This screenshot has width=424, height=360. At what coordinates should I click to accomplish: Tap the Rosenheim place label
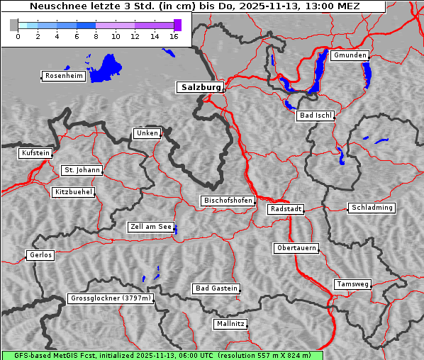tap(63, 76)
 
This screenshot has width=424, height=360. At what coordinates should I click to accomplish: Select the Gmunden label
tap(350, 55)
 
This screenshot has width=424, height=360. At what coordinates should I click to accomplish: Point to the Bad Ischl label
tap(315, 116)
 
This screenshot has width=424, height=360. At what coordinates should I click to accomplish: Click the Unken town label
tap(146, 133)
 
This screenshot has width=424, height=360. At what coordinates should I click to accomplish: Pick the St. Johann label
tap(82, 170)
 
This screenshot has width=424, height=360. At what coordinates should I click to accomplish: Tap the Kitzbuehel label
tap(72, 192)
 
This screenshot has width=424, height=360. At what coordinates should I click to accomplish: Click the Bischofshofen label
tap(228, 201)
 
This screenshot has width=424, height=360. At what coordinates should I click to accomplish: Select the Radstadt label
tap(286, 209)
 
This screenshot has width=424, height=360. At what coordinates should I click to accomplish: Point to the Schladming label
tap(371, 208)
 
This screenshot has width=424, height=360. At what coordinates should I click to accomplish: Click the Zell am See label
tap(150, 227)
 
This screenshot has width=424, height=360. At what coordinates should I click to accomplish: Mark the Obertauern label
tap(296, 248)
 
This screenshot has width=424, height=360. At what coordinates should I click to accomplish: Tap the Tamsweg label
tap(352, 284)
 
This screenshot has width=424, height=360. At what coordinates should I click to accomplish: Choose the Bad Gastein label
tap(216, 288)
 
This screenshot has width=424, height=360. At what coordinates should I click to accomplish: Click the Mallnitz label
tap(230, 324)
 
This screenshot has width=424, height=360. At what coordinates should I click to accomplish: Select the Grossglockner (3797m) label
tap(111, 298)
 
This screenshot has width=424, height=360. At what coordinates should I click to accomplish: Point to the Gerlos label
tap(40, 255)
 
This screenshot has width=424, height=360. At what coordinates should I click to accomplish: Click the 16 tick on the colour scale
tap(174, 37)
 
